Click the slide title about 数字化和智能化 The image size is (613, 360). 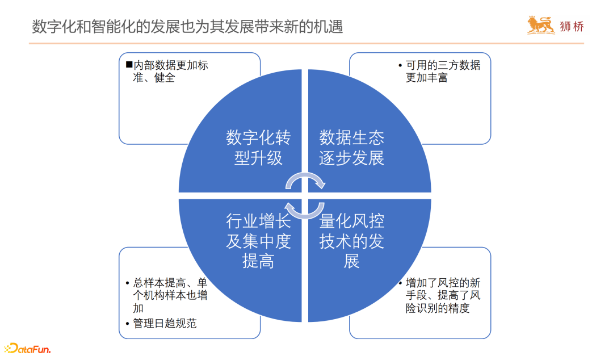pos(187,27)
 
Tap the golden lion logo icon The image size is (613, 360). pos(541,26)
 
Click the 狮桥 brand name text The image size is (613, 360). pos(572,27)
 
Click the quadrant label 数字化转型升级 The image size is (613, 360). pos(258,147)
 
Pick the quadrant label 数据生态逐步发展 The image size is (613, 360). pos(351,147)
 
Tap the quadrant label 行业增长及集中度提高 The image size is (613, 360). pos(258,241)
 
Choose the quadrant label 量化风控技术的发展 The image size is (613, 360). pos(351,241)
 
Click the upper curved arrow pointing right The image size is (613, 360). pos(305,180)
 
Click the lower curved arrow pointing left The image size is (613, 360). pos(305,210)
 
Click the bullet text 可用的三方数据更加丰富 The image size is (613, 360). pos(443,72)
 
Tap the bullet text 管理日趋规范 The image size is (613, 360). pos(165,324)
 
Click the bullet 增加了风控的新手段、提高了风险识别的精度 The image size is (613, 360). pos(443,295)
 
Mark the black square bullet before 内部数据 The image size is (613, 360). pos(129,65)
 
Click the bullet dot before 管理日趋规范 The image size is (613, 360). pos(127,324)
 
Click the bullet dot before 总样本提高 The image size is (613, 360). pos(127,283)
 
